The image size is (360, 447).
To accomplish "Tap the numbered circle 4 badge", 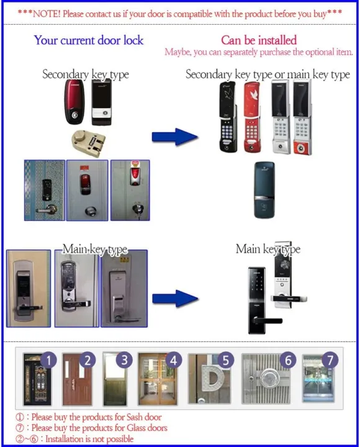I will [x=174, y=359].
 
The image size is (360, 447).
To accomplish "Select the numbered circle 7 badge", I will [x=331, y=359].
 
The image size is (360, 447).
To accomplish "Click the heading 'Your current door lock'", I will [x=88, y=40].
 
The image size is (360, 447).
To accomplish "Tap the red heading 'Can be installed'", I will [x=259, y=40].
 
